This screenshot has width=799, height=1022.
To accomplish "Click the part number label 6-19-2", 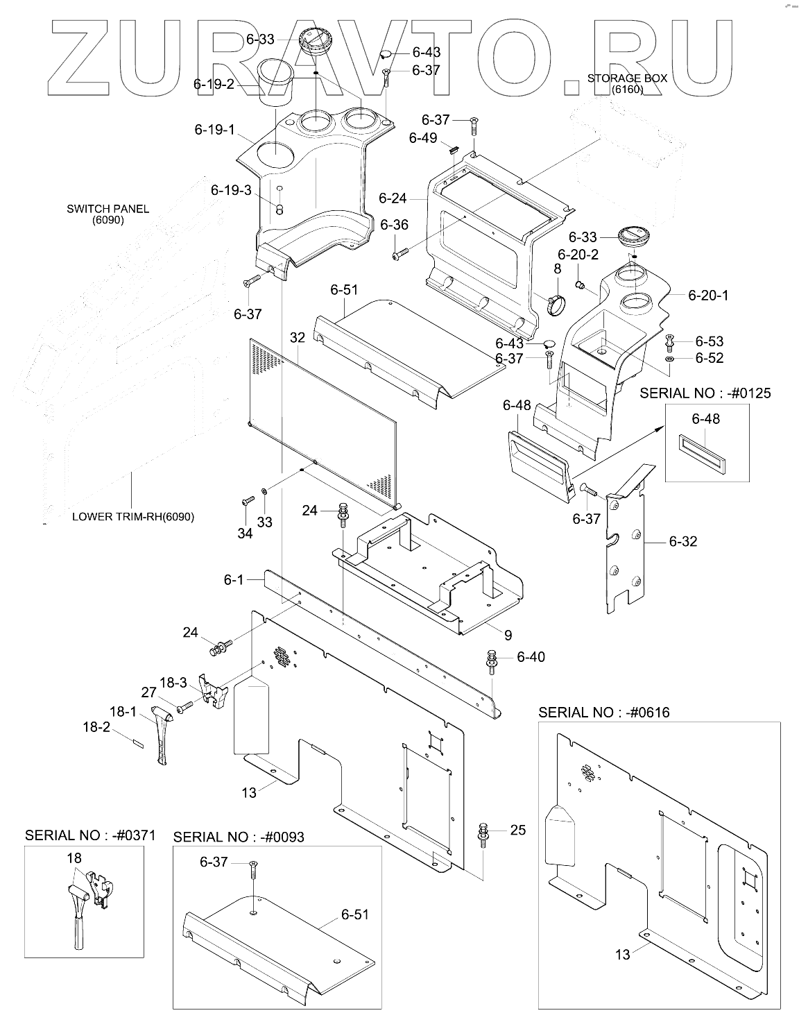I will tap(214, 85).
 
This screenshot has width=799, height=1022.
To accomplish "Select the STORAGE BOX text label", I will tap(627, 78).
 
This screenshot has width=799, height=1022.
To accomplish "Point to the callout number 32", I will tap(298, 338).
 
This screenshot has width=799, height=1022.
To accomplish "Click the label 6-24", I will tap(393, 198).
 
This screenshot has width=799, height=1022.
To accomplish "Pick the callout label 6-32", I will tap(683, 541).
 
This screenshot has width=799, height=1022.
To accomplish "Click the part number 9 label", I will tap(508, 634).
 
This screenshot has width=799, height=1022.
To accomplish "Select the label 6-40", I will tap(531, 656).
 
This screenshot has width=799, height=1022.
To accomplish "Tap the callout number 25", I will tap(517, 830).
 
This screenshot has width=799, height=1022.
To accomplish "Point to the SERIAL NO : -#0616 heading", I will tap(604, 712).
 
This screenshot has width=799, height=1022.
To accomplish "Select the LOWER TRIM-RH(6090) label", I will tap(133, 517).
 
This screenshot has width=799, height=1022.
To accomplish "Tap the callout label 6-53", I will tap(709, 341).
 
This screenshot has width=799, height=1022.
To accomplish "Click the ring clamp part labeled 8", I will tap(558, 303).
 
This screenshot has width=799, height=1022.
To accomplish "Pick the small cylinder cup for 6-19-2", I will tap(276, 82).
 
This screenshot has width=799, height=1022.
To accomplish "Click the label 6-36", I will tap(395, 225).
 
